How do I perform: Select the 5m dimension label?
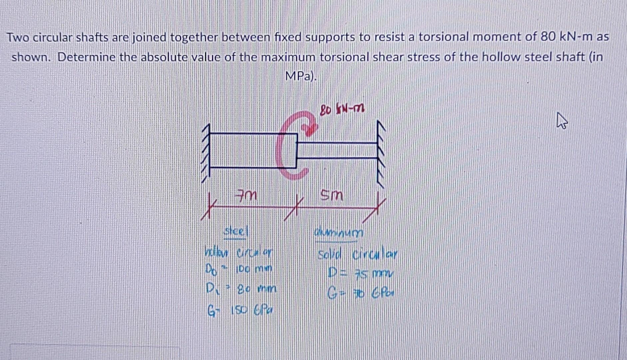point(331,195)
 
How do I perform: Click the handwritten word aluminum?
point(338,233)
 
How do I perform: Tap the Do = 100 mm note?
point(239,269)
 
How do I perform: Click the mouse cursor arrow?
point(562,121)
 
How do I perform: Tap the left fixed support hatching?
point(206,153)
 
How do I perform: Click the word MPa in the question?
point(299,77)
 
